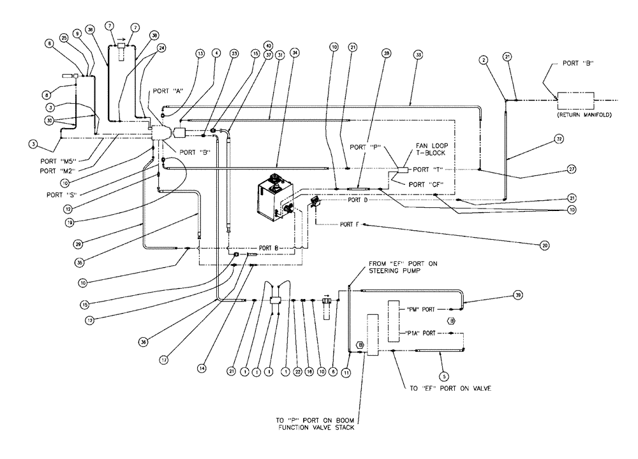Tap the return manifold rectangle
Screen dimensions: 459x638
tap(575, 100)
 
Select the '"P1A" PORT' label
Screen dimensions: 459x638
tap(420, 333)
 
